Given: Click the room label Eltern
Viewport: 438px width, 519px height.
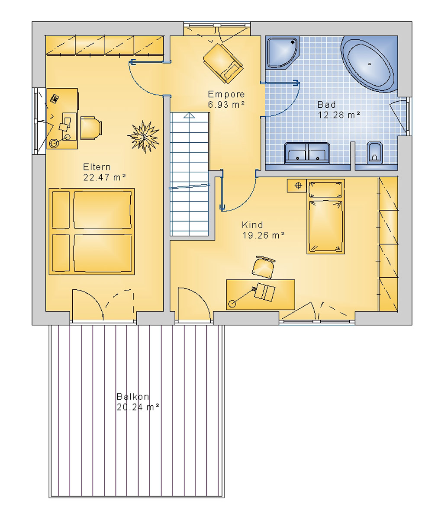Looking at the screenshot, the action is pos(97,167).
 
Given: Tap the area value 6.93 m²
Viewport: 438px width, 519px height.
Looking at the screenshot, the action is pos(226,105).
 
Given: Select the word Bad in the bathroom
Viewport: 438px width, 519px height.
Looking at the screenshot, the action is pos(327,105).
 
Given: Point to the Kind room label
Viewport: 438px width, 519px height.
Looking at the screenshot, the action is pos(252,225).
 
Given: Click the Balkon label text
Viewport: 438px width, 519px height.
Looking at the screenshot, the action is pos(133,397).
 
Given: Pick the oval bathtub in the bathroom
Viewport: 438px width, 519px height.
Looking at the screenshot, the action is pos(367,64).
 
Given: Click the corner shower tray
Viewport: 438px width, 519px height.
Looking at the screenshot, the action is pos(283,53).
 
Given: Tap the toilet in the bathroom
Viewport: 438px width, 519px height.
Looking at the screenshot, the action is pos(374,153).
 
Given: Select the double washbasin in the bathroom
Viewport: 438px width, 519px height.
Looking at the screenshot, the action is pos(307,153).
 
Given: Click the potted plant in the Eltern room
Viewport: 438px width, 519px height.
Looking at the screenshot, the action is pos(144,137).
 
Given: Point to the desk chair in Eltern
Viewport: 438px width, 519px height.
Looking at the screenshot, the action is pos(91,128).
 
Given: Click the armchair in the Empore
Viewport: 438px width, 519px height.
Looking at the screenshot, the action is pos(223,64).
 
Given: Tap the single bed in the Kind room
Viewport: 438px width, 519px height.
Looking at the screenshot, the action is pos(325,216).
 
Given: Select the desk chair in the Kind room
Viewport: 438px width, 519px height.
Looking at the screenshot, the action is pos(264,267).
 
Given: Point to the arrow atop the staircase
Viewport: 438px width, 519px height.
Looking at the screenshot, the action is pos(189,115).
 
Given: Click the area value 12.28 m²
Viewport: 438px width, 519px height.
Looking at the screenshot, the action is pos(339,115).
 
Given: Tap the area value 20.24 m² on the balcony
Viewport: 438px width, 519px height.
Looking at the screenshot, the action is pos(138,407).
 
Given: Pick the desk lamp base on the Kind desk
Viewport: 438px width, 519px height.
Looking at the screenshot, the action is pos(232,304).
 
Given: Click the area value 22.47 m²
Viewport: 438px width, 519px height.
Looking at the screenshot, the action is pos(104,177).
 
